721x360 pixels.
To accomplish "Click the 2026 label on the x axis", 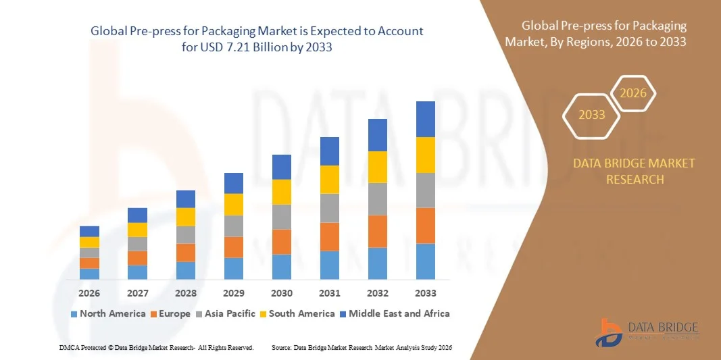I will [x=89, y=293].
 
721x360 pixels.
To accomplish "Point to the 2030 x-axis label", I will [x=282, y=293].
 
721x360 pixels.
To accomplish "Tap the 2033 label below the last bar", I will [x=426, y=293].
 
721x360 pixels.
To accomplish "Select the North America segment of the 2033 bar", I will [x=426, y=261].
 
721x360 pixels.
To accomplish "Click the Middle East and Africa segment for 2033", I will [x=426, y=119].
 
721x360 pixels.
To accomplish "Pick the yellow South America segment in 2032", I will [x=378, y=167].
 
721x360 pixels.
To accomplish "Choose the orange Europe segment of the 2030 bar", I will [x=282, y=241].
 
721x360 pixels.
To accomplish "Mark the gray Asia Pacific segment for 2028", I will [x=186, y=234].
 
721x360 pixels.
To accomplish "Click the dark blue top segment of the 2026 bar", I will [x=89, y=231].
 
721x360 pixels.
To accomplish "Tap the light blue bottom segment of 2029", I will [x=234, y=268].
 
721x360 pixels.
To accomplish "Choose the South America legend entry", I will [x=297, y=313].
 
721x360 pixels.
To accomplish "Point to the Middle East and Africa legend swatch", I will [x=343, y=314].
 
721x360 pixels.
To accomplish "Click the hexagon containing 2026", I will [x=634, y=93].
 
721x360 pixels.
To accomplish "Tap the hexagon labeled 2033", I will [x=592, y=115].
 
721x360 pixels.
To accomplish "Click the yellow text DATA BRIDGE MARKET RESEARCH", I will [x=634, y=172].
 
